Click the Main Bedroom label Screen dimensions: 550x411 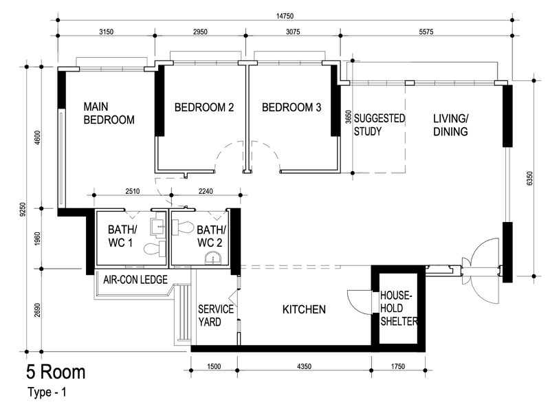[109, 113]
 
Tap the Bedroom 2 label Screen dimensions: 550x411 [204, 107]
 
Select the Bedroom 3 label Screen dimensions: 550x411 [291, 107]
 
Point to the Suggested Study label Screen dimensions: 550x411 [379, 125]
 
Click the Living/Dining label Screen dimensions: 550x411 [450, 125]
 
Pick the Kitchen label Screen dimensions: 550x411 [304, 309]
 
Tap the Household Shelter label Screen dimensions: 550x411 [399, 308]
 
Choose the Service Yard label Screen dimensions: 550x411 [216, 315]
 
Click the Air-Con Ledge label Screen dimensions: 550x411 [135, 280]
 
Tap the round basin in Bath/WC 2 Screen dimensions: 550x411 [213, 259]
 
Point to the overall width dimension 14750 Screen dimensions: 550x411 [285, 16]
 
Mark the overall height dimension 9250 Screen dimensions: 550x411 [23, 210]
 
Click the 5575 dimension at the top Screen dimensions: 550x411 [426, 32]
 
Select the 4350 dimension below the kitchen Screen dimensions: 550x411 [304, 366]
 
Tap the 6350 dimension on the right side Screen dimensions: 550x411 [529, 179]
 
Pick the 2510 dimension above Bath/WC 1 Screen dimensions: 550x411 [133, 191]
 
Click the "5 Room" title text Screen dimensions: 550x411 [56, 372]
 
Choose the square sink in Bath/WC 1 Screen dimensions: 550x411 [158, 227]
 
